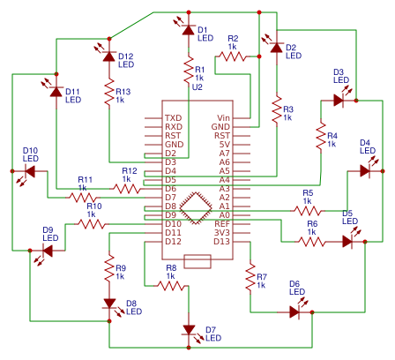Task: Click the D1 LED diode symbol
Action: tap(187, 30)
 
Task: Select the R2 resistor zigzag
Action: tap(233, 56)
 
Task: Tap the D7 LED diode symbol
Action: tap(187, 330)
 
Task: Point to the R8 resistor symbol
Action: tap(170, 284)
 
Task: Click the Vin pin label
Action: tap(223, 118)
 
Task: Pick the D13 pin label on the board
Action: tap(221, 241)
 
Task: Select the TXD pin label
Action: tap(173, 118)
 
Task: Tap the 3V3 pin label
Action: tap(222, 232)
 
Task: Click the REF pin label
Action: tap(222, 223)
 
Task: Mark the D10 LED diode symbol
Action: tap(30, 171)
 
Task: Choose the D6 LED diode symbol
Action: tap(294, 311)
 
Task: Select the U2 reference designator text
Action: tap(197, 87)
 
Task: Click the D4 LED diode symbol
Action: tap(364, 171)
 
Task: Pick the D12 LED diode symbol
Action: tap(108, 56)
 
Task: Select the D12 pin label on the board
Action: tap(173, 241)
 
